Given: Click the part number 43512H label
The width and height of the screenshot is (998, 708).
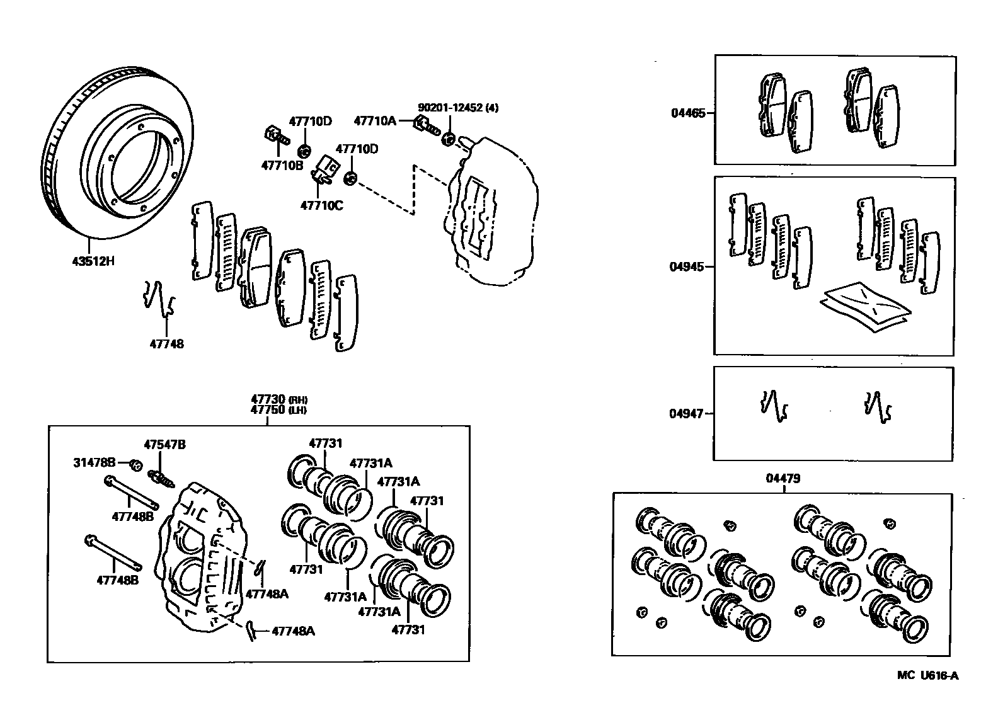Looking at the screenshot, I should (93, 260).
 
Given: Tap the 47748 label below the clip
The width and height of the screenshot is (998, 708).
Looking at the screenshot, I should (167, 344).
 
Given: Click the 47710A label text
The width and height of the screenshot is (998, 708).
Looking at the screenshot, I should (375, 120).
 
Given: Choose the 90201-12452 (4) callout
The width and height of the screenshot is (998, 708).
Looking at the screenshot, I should (458, 108).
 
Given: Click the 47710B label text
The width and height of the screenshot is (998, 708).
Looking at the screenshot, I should (282, 166).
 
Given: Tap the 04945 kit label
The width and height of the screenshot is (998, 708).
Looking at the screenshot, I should (687, 266).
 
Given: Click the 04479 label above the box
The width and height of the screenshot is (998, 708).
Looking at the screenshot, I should (783, 479).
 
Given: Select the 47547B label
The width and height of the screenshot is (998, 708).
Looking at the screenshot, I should (164, 445).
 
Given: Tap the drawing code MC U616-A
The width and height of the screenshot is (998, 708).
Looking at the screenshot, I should (927, 676).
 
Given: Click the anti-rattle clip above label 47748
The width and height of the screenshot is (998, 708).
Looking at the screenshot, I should (159, 298).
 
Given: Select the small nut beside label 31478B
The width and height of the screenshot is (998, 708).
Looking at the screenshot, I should (135, 465).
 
